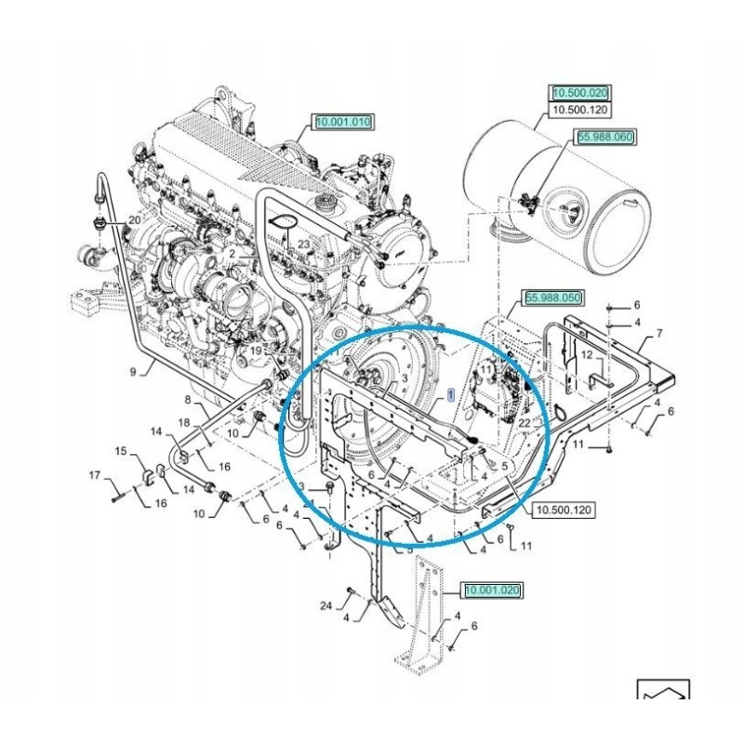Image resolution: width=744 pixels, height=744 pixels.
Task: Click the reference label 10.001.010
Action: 343,122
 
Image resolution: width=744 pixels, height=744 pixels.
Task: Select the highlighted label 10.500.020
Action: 579,93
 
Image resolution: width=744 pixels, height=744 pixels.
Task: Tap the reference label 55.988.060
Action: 604,137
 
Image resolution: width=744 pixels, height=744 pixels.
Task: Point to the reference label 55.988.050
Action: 553,298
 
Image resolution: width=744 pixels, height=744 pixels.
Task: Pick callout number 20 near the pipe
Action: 134,220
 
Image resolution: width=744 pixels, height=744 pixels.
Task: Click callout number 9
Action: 133,371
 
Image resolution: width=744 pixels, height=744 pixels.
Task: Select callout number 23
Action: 303,244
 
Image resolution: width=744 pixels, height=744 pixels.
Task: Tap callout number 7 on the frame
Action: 659,333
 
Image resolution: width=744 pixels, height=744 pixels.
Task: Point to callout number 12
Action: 587,355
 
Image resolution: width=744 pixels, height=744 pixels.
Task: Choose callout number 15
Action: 121,451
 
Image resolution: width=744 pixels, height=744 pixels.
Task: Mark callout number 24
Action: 325,605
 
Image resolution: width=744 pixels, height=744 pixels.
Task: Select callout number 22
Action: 524,423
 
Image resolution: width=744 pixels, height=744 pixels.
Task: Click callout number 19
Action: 252,351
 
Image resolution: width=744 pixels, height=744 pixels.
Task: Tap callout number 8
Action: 187,401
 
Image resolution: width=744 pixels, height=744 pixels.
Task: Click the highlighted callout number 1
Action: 452,394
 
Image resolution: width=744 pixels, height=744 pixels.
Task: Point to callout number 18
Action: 184,423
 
